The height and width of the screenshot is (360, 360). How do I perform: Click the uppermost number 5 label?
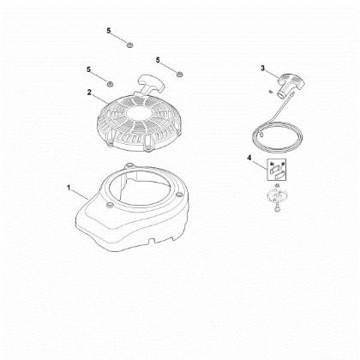click(109, 31)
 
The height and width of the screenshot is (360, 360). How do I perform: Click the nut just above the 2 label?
click(111, 82)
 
